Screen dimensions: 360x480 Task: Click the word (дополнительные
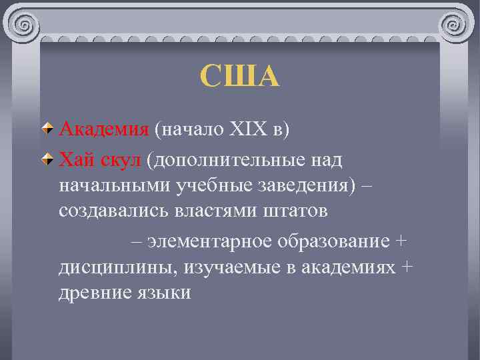[x=224, y=161]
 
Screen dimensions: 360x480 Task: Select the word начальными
[x=115, y=185]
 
